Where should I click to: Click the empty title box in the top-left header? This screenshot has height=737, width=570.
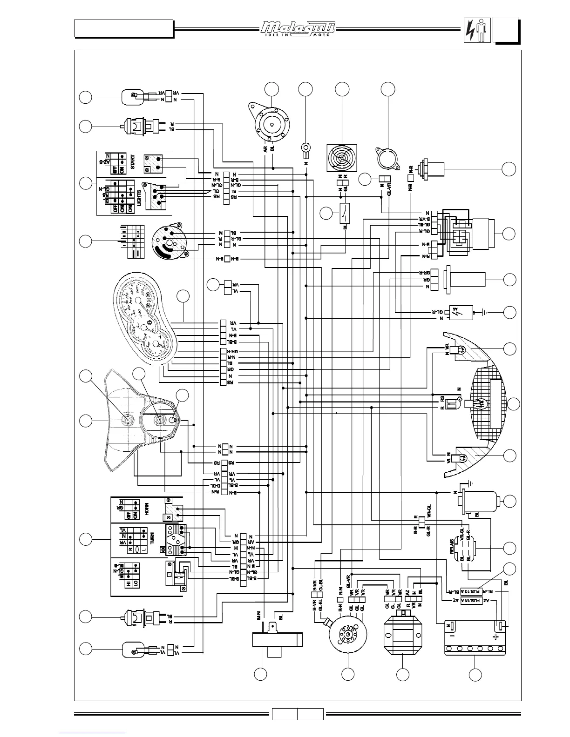coord(123,28)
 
